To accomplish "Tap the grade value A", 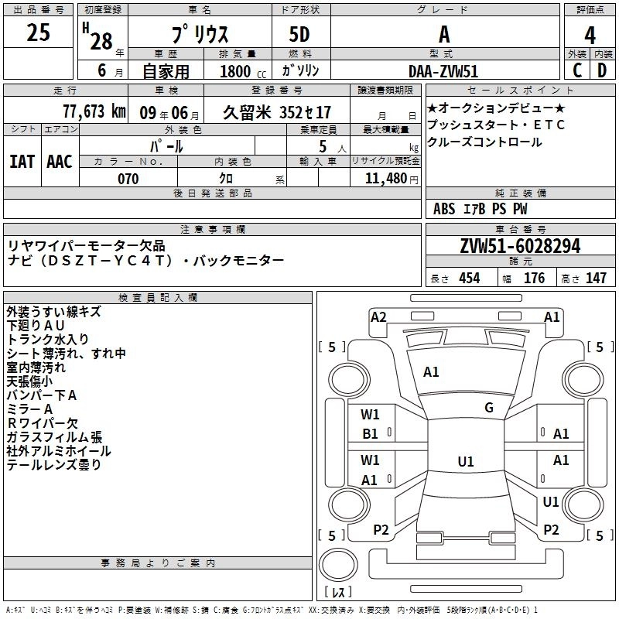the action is [x=444, y=35].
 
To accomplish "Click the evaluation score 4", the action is [x=590, y=36].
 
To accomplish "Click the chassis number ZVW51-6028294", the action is [x=520, y=246].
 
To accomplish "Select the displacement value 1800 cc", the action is [x=237, y=71].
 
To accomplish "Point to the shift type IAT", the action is [x=22, y=161].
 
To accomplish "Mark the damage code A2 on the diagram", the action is [x=378, y=316].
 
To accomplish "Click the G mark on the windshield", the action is [x=489, y=408].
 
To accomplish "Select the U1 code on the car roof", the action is [x=466, y=462].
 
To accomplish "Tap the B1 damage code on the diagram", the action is [x=371, y=434].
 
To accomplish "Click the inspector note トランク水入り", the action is [x=48, y=339].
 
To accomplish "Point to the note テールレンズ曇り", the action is [x=54, y=465].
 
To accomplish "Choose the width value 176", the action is [x=535, y=279].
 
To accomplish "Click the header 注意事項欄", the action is [x=214, y=230].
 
